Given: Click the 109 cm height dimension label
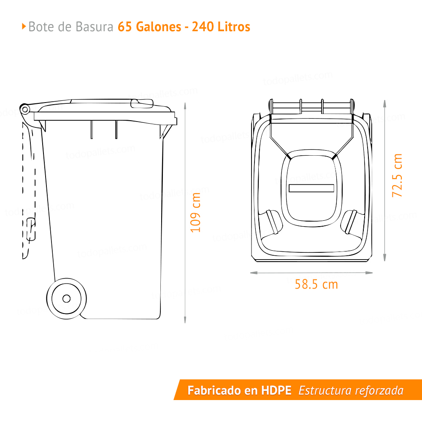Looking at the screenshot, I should point(195,212).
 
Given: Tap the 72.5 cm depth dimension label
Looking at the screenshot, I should point(397,175).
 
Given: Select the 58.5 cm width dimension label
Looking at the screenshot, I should point(316,284).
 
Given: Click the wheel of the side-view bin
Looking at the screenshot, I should point(66,298).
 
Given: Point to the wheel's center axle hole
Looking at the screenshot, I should point(66,298).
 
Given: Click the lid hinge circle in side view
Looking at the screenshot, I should point(24,110).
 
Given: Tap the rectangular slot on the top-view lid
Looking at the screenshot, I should point(311,188).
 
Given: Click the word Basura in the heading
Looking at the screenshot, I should point(95,27).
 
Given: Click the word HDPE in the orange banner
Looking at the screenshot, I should point(276,390).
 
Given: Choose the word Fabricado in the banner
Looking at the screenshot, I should point(215,390).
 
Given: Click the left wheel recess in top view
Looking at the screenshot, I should point(271,222).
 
